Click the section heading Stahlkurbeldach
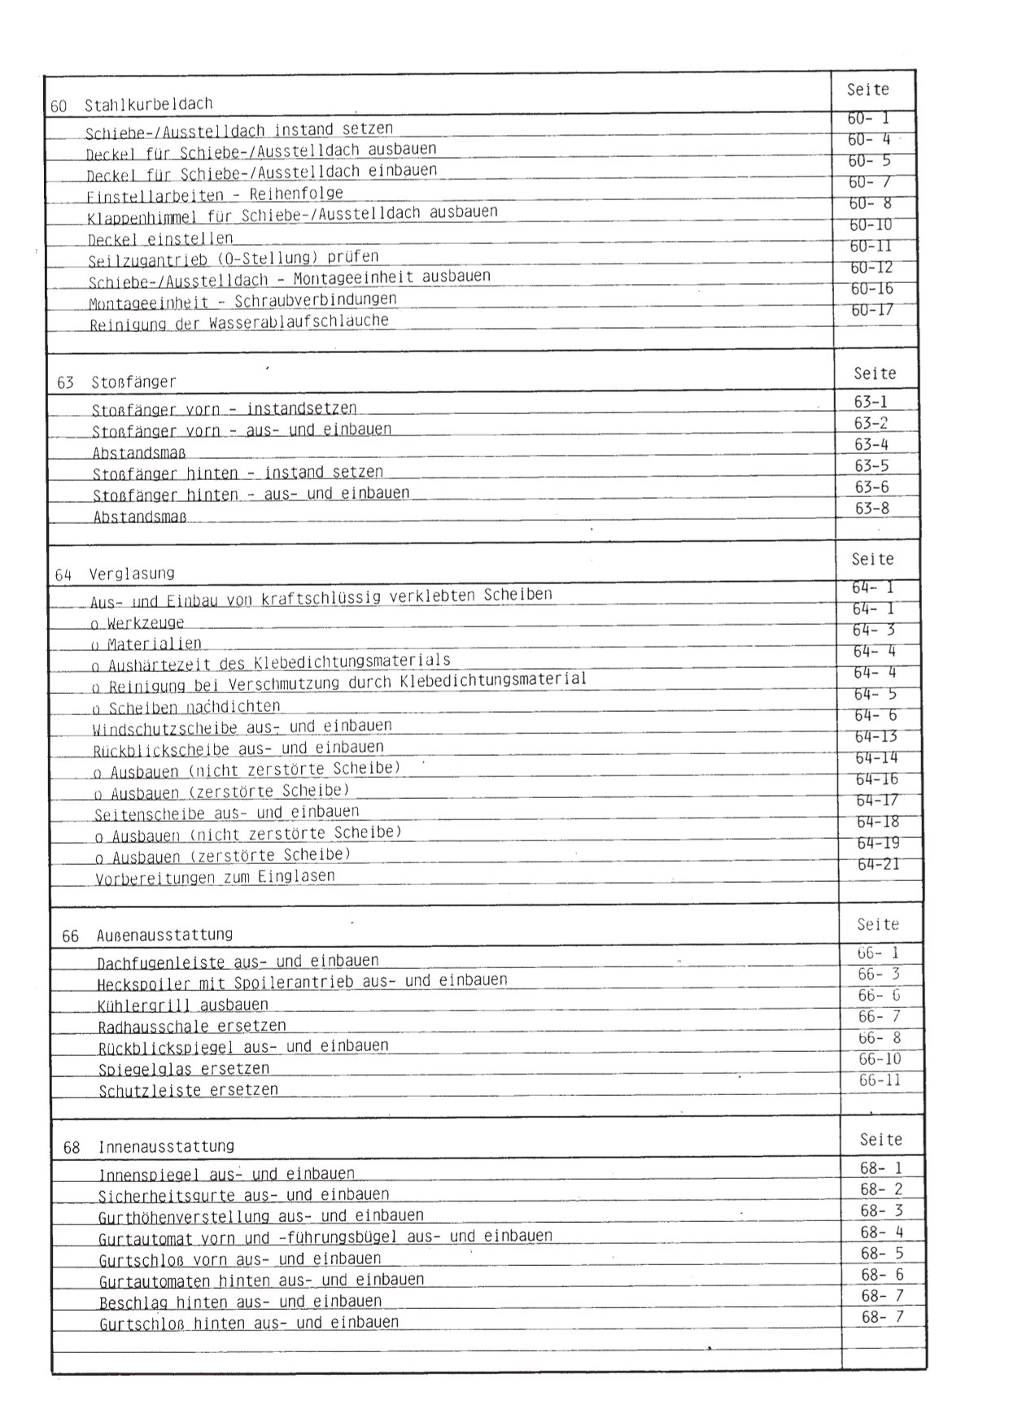coord(148,104)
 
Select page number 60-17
coord(871,310)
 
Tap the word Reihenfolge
coord(296,194)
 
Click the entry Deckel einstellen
coord(160,239)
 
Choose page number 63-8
coord(871,508)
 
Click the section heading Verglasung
coord(131,574)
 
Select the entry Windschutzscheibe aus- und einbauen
coord(242,727)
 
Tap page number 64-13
coord(876,737)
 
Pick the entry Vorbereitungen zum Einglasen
coord(215,878)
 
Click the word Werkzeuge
coord(146,624)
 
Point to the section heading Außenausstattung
coord(164,935)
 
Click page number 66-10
coord(880,1059)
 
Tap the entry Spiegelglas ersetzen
coord(184,1069)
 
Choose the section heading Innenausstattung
coord(166,1146)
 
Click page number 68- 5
coord(882,1254)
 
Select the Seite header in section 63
coord(875,373)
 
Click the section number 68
coord(72,1147)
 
